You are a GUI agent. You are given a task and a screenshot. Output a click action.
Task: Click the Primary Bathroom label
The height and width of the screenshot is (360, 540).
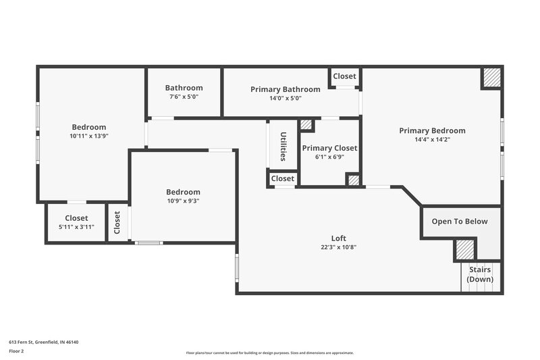tap(285, 89)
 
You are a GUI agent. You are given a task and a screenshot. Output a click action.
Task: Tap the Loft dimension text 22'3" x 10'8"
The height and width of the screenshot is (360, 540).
tap(338, 247)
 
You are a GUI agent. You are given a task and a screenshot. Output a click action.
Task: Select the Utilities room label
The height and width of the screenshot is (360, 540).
tap(283, 146)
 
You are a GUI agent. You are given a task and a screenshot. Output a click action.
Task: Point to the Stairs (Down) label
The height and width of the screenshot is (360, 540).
tap(480, 274)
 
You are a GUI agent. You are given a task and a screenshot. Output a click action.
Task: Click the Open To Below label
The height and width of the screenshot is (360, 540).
tap(460, 222)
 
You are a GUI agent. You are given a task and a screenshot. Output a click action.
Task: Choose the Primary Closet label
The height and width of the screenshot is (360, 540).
tap(329, 148)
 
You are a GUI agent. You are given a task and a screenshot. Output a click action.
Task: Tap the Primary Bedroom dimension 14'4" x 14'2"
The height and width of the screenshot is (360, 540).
tap(432, 140)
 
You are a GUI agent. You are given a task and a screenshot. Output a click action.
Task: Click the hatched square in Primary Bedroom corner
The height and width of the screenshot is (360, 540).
tap(491, 78)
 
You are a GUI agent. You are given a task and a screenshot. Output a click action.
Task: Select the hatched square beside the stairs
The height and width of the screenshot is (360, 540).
tap(464, 249)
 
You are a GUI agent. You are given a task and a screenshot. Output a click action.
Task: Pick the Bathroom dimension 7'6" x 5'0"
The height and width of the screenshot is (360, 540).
tap(184, 97)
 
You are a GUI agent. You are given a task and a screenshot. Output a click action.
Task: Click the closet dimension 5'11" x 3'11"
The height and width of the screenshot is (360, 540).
tap(76, 227)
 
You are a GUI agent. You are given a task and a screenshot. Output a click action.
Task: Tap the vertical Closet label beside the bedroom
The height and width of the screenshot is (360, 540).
tap(117, 222)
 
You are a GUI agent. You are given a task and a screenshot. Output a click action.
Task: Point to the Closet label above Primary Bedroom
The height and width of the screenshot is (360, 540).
tap(344, 76)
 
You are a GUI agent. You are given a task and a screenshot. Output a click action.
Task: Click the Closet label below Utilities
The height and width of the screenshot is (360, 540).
tap(282, 178)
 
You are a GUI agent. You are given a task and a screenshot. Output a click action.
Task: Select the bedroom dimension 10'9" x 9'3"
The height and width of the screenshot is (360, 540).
tap(183, 201)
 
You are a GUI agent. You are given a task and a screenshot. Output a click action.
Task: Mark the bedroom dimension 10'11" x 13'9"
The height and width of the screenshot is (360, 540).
tap(89, 136)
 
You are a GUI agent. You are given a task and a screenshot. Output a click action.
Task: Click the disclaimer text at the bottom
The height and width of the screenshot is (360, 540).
tap(269, 353)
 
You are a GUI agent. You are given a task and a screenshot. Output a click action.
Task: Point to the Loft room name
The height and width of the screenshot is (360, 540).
tap(338, 238)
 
